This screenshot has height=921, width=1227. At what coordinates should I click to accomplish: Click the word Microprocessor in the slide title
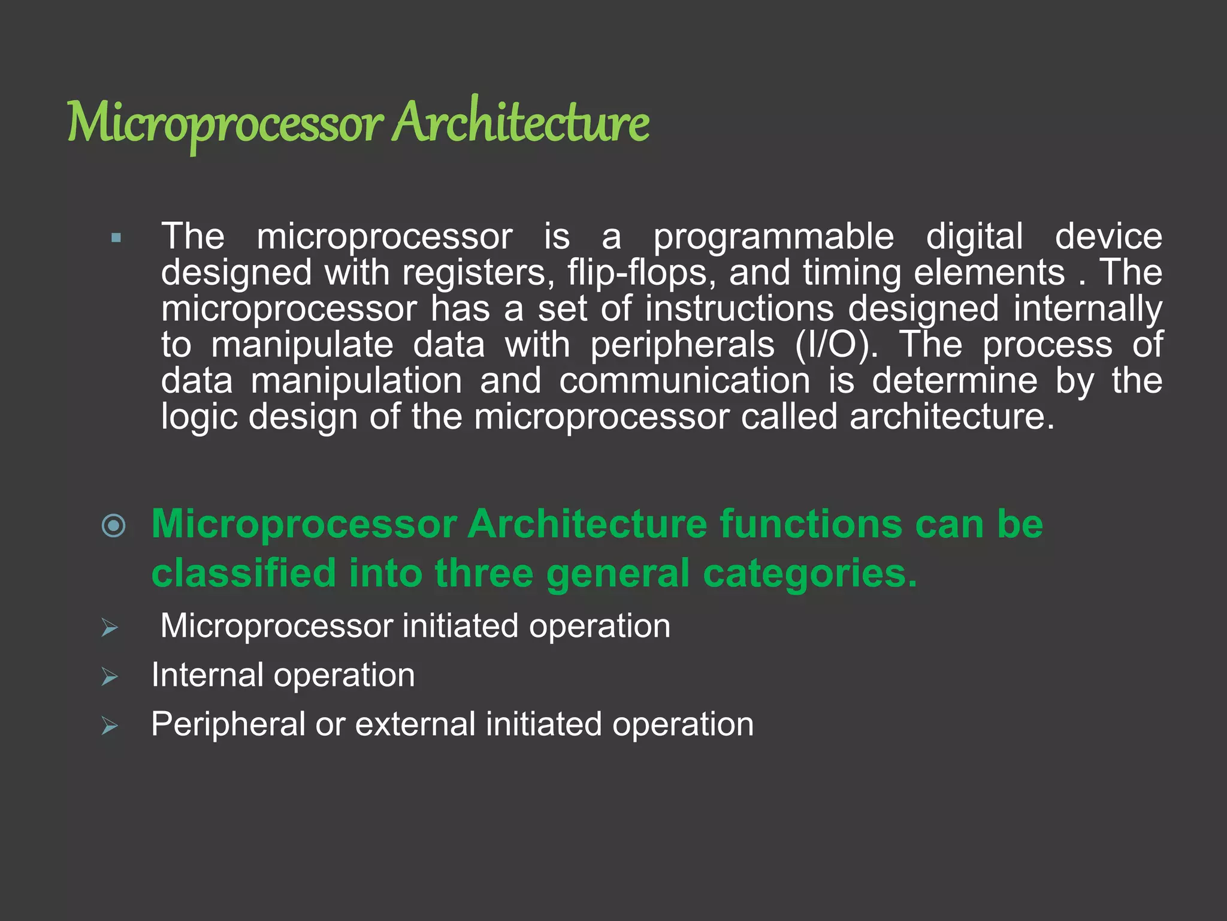tap(225, 123)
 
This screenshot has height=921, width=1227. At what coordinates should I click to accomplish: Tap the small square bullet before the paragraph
tap(116, 238)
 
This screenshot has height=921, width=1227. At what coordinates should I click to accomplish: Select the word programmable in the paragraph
tap(773, 237)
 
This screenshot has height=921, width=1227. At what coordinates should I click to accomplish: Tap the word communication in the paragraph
tap(685, 381)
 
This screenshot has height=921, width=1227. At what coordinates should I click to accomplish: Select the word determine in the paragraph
tap(954, 381)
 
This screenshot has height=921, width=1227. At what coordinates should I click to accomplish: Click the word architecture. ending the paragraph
tap(952, 417)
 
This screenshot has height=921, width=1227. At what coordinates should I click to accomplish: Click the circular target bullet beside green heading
tap(114, 526)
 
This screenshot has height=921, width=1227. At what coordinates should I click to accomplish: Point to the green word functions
tap(811, 524)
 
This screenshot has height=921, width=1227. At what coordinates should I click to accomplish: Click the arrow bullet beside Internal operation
tap(110, 677)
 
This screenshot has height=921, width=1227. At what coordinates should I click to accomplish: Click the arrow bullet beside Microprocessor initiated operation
tap(110, 628)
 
